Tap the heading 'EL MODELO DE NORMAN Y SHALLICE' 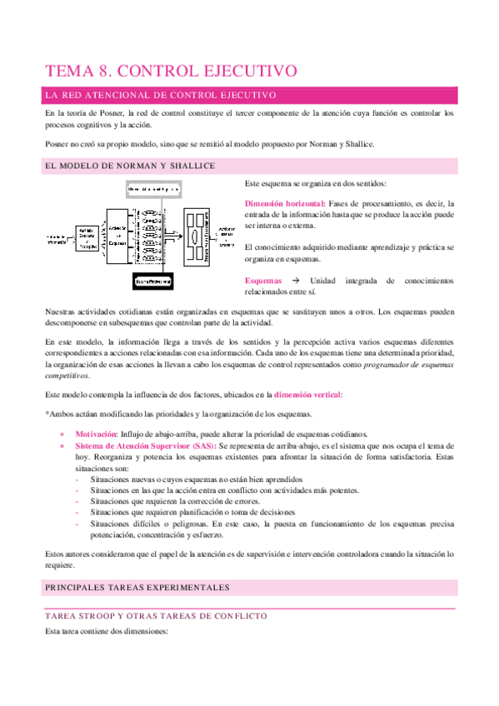132,166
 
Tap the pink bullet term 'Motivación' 96,434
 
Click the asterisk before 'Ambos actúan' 47,415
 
